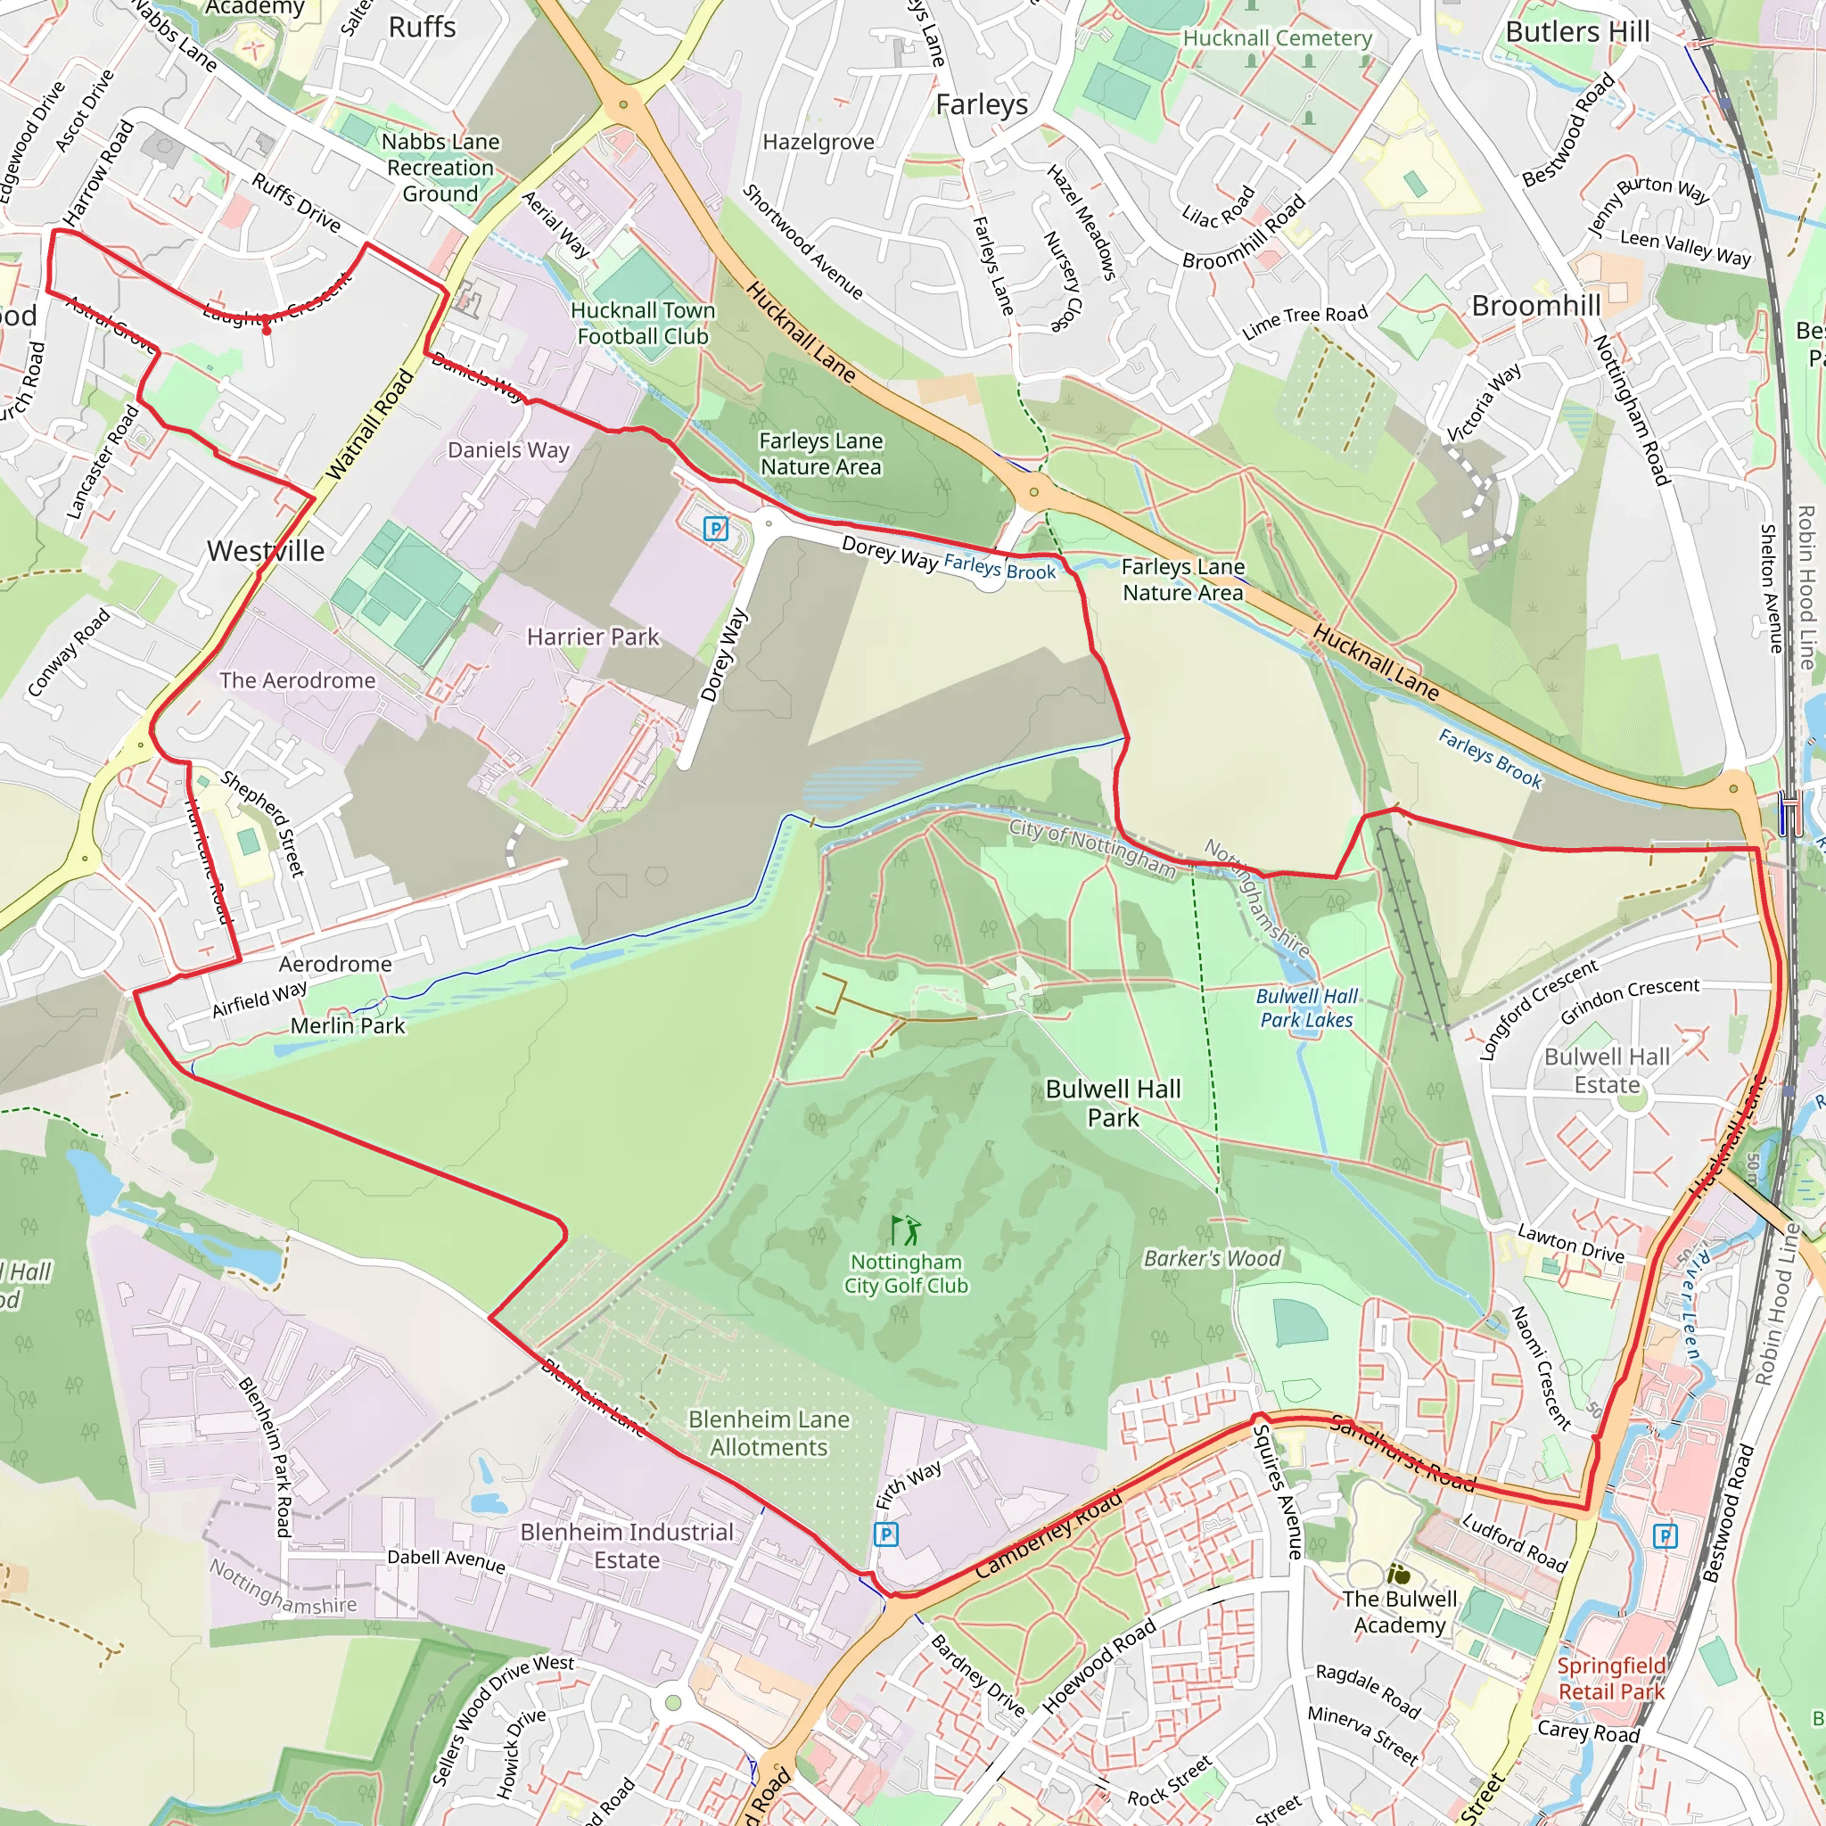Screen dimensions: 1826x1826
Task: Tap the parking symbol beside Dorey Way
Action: (x=715, y=529)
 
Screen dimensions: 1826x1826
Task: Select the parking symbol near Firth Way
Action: (x=885, y=1534)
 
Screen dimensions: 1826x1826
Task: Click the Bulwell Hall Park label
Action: (x=1113, y=1103)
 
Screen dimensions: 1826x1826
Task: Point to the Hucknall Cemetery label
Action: (x=1277, y=37)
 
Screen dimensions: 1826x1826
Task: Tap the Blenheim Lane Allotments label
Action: (x=769, y=1433)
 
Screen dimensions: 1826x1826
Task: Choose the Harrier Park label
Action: (x=593, y=637)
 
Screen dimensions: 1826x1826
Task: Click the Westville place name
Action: (x=266, y=551)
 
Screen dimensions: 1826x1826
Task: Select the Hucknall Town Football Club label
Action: (x=643, y=324)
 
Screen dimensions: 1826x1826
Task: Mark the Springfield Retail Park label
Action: (x=1611, y=1679)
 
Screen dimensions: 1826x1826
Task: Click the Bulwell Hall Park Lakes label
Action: (x=1306, y=1008)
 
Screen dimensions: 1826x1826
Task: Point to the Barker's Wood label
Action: (x=1212, y=1258)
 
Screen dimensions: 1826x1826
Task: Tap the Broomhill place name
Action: (x=1536, y=305)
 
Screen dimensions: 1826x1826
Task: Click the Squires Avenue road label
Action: (x=1277, y=1491)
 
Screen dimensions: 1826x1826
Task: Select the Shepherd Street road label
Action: (x=263, y=823)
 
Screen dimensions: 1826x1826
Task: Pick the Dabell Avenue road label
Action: (x=446, y=1560)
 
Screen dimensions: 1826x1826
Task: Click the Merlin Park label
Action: (x=347, y=1025)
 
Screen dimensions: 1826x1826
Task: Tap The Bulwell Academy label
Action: (x=1400, y=1611)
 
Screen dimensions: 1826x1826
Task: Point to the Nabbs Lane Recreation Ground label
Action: (x=440, y=168)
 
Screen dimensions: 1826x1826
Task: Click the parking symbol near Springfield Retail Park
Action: (x=1665, y=1536)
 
